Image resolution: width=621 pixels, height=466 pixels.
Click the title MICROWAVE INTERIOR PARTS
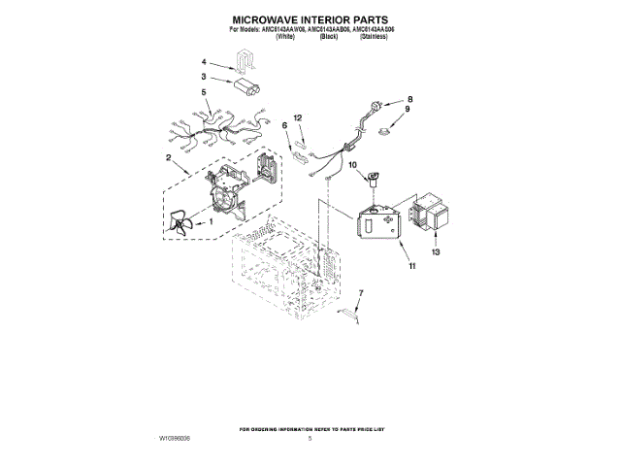coord(310,19)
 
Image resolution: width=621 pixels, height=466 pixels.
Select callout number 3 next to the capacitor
coord(204,61)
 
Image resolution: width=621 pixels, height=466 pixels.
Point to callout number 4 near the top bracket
coord(204,92)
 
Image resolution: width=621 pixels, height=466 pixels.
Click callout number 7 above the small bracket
coord(361,292)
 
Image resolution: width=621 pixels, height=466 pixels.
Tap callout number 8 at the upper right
coord(409,99)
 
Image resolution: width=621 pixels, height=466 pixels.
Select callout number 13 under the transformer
coord(436,251)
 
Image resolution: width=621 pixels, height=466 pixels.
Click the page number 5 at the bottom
coord(310,439)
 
